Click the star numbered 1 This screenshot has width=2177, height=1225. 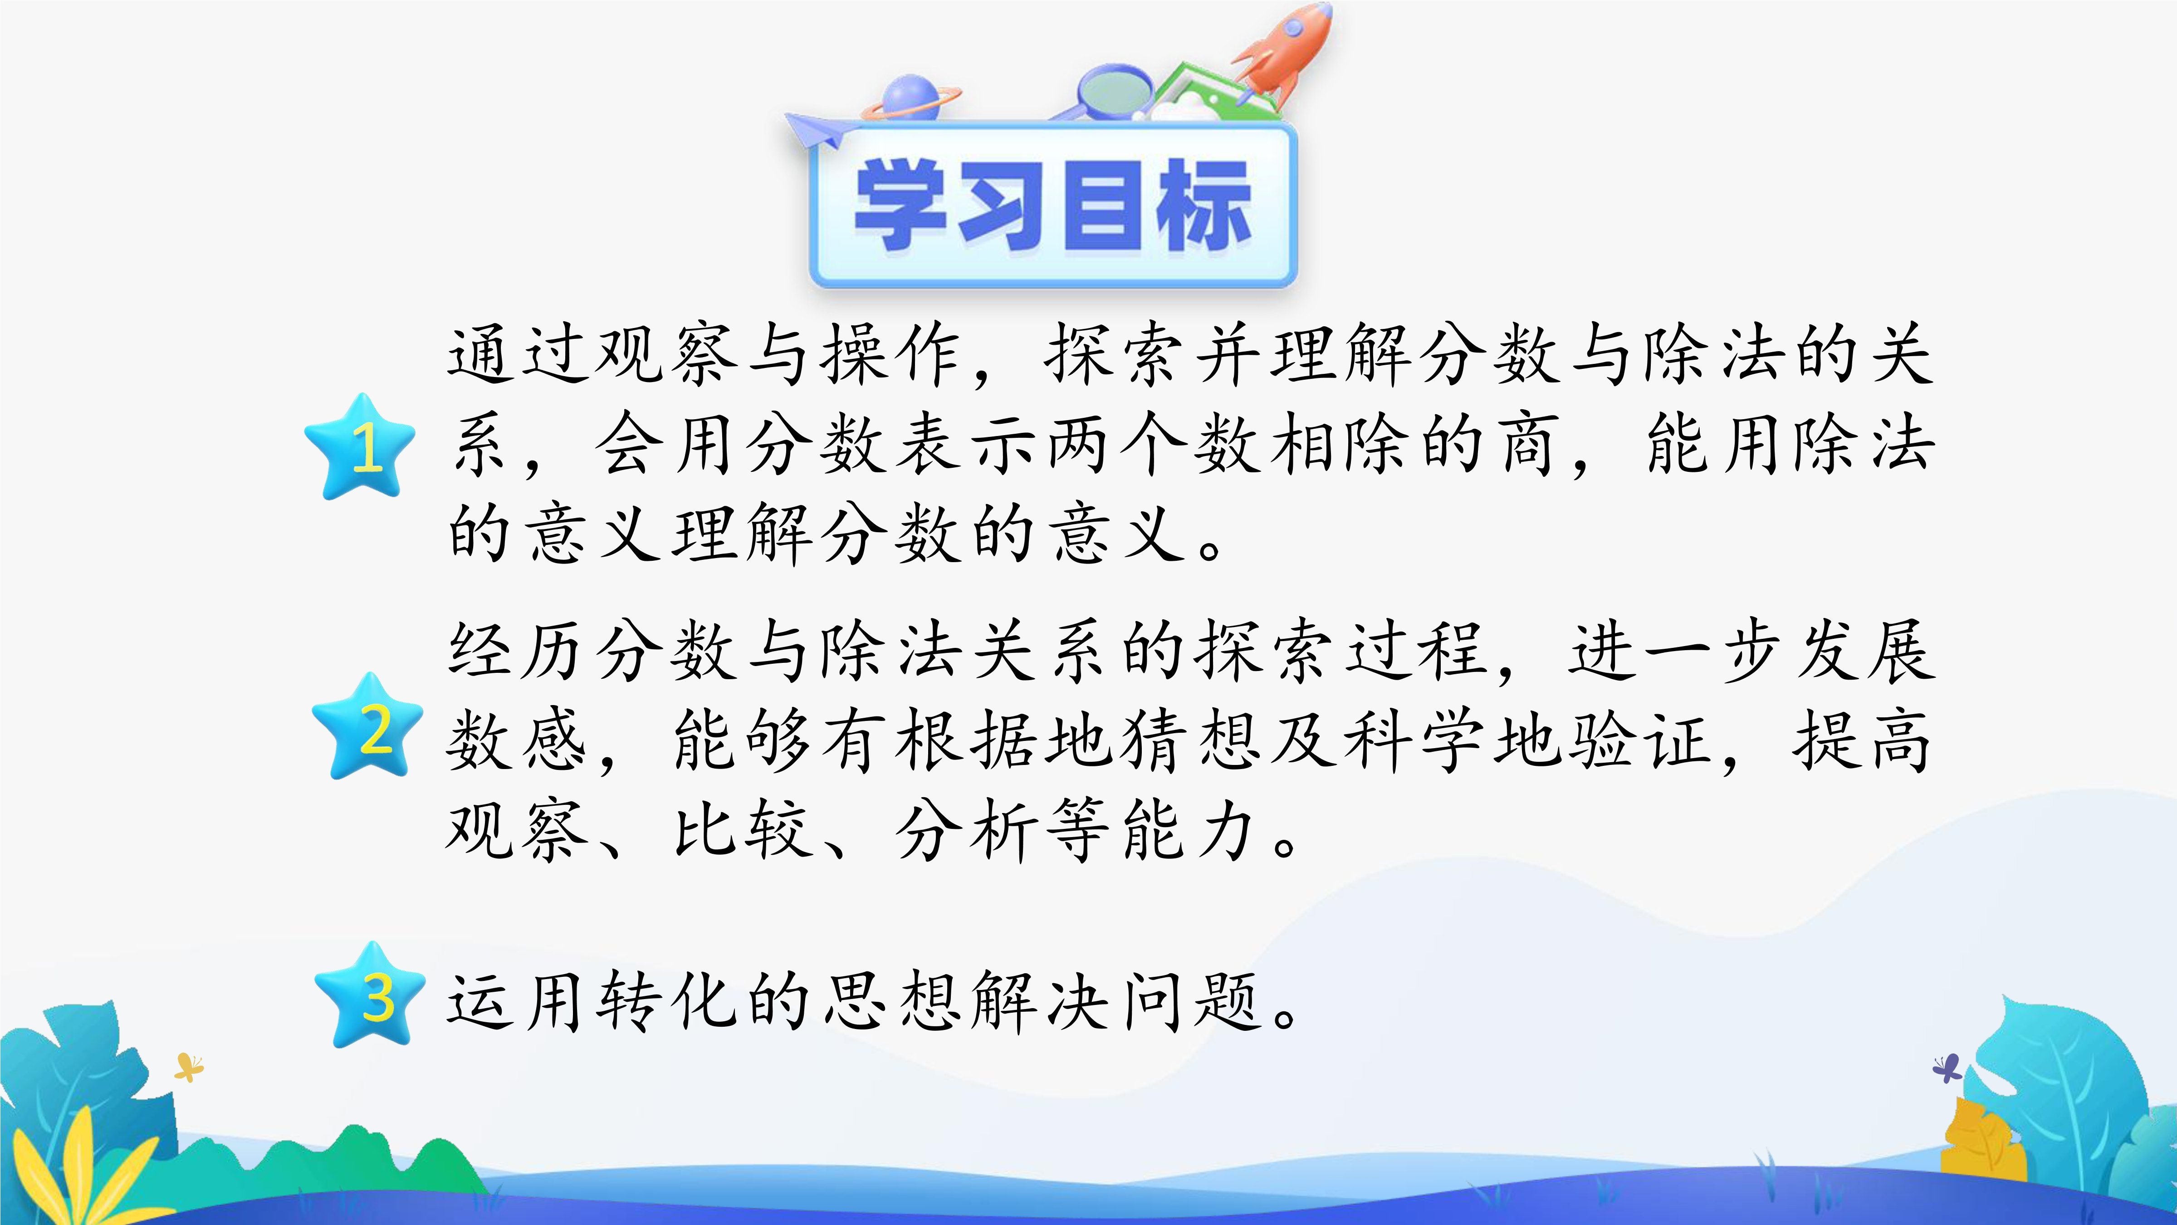point(361,446)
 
